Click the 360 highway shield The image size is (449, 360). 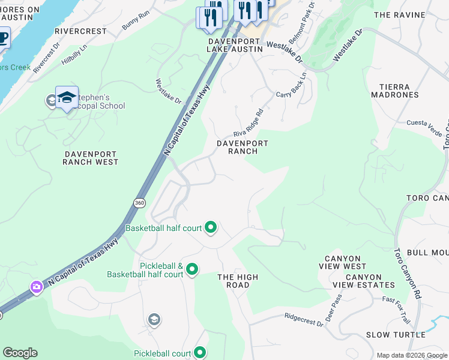tap(139, 203)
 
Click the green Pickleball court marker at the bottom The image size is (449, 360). tap(200, 353)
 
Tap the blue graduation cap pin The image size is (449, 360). tap(67, 98)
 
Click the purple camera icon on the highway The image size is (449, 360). tap(37, 287)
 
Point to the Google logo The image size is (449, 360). tap(20, 353)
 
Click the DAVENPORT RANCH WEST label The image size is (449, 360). tap(91, 158)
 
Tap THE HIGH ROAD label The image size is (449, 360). tap(238, 281)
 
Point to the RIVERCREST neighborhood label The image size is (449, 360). tap(80, 30)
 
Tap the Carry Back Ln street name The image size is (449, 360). tap(292, 87)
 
